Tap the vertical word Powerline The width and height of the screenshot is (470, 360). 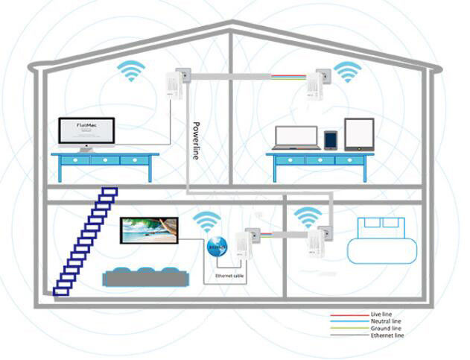click(x=197, y=139)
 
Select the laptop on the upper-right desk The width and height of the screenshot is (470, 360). click(x=296, y=138)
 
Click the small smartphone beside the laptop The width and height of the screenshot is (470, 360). click(x=331, y=139)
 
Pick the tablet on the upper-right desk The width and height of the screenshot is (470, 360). click(x=358, y=135)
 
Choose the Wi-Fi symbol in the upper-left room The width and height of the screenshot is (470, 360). click(x=132, y=72)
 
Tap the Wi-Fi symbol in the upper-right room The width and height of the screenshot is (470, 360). click(x=346, y=72)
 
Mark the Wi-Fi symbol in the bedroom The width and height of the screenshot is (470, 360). click(x=308, y=218)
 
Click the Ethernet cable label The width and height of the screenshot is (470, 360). click(x=229, y=276)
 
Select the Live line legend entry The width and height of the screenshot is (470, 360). click(x=381, y=315)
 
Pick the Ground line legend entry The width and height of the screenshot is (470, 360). click(x=385, y=329)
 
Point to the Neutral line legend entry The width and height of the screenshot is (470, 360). click(x=385, y=322)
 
